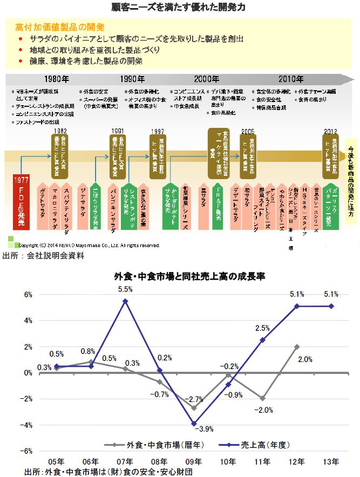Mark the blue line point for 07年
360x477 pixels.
(125, 301)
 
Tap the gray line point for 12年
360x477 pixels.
(297, 346)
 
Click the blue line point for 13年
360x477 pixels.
(331, 306)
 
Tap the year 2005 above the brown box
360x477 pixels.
(248, 131)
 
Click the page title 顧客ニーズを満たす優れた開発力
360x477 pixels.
(180, 8)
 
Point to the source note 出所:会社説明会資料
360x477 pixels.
(44, 255)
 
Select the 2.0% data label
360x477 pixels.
(305, 359)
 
